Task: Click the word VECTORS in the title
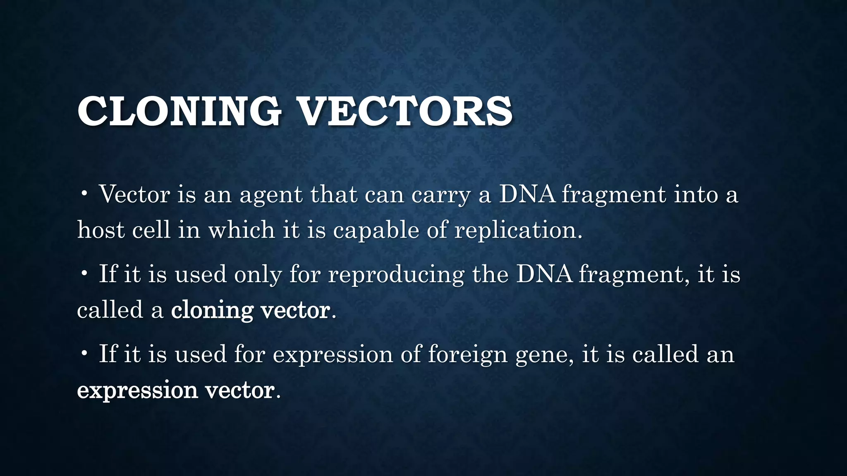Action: click(405, 111)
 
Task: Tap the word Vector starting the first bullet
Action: click(134, 194)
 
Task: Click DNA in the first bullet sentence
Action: click(527, 194)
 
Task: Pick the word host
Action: click(100, 230)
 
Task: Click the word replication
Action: click(518, 231)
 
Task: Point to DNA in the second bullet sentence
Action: click(544, 274)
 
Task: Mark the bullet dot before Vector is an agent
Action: click(84, 193)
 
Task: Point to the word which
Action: click(242, 230)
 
